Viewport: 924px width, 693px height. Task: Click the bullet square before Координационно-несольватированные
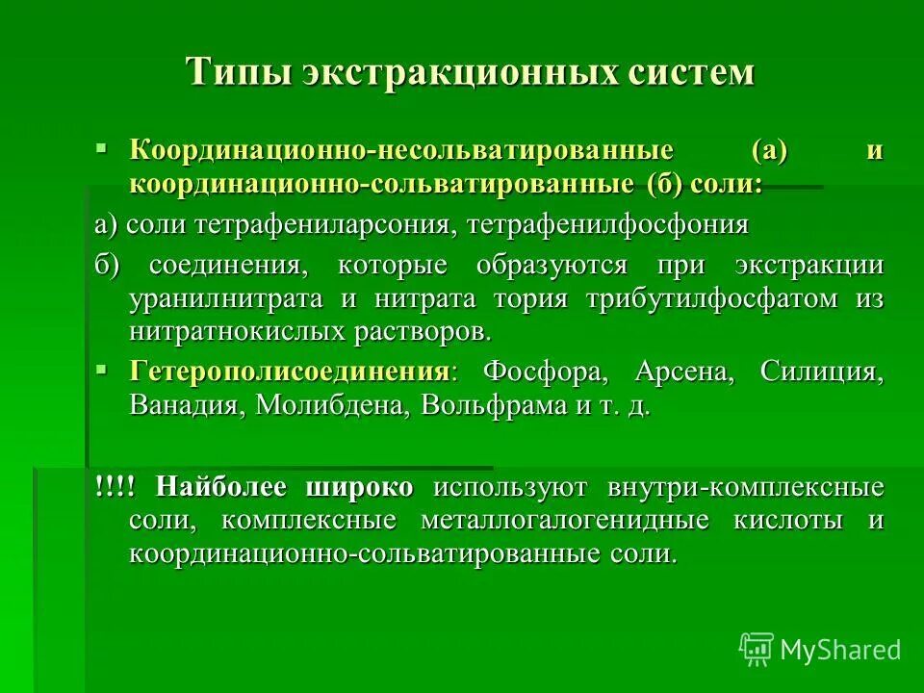coord(101,148)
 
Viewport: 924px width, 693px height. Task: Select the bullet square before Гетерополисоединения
coord(101,369)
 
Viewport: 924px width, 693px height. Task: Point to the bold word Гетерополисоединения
coord(289,372)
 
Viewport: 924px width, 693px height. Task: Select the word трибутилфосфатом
coord(712,299)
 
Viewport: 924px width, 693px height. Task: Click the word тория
coord(534,299)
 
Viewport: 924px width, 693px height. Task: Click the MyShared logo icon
coord(757,650)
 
